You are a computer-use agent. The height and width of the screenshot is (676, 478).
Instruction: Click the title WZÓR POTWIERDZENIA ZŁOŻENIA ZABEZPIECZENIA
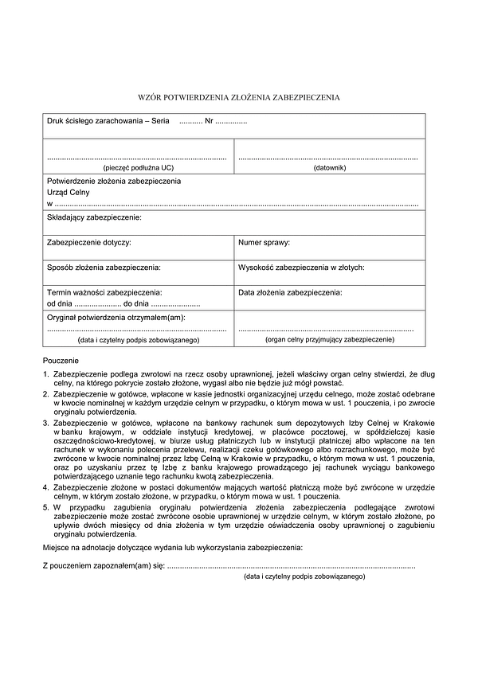(x=239, y=98)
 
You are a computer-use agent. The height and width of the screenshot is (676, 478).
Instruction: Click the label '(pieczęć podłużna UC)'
(x=138, y=168)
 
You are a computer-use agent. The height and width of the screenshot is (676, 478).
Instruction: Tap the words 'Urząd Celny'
(x=69, y=192)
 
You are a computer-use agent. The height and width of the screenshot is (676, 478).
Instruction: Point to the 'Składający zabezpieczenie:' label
(x=94, y=217)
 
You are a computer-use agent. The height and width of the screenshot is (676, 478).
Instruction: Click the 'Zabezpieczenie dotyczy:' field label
(x=89, y=241)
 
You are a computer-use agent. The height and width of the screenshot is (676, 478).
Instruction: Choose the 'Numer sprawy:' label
(x=264, y=241)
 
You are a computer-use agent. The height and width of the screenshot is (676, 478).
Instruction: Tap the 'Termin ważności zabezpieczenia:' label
(x=104, y=292)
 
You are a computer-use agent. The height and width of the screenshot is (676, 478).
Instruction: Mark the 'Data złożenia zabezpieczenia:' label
(x=290, y=292)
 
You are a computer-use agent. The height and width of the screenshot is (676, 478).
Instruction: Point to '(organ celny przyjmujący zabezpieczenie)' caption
(x=330, y=339)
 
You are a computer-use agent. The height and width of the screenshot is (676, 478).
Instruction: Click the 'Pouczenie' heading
(x=61, y=361)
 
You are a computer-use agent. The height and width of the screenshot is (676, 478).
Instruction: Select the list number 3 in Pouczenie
(x=45, y=422)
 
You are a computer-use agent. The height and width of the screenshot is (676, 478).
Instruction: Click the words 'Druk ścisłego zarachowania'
(x=93, y=122)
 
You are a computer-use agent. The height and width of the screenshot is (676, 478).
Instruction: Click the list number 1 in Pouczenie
(x=45, y=373)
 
